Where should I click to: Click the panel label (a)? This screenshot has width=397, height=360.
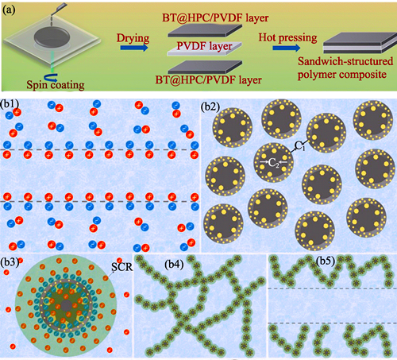(9, 10)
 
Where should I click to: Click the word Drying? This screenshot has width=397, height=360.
(133, 38)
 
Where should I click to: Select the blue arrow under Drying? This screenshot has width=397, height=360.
(134, 48)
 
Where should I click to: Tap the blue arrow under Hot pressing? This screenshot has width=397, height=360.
(287, 48)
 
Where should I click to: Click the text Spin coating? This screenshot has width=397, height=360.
(56, 85)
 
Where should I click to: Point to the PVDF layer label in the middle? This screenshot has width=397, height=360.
(204, 46)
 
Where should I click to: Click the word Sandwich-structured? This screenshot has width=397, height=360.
(345, 61)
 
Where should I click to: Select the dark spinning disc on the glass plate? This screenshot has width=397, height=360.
(52, 37)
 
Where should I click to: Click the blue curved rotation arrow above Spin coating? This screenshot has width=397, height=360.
(51, 77)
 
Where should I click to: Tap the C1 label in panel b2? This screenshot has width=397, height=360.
(300, 145)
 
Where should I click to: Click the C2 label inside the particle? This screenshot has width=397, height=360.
(274, 163)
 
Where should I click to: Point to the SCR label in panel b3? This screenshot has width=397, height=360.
(121, 267)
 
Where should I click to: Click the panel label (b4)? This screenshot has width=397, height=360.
(174, 265)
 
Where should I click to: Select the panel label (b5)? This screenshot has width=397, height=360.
(326, 261)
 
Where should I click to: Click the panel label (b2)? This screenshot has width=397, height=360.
(210, 106)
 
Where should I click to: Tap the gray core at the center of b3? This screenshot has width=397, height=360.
(66, 306)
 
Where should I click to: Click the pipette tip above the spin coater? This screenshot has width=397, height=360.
(52, 16)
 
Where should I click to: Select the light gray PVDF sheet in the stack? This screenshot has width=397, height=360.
(204, 49)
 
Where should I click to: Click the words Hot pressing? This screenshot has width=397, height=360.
(287, 37)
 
